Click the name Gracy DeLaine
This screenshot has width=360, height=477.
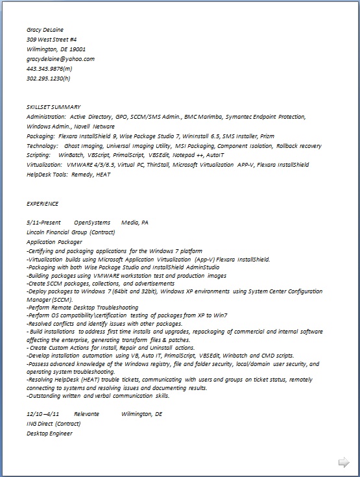point(45,29)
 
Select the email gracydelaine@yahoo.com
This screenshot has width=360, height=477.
point(60,58)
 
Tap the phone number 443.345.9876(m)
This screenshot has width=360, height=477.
point(49,68)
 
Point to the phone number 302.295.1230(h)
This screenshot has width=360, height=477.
point(49,78)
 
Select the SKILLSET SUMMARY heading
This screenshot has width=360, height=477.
point(53,106)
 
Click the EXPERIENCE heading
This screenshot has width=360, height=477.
point(42,203)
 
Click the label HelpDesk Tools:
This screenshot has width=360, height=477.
point(47,175)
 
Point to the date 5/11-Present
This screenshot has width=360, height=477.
point(44,223)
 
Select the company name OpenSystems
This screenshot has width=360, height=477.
point(92,223)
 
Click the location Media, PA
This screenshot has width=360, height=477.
point(135,223)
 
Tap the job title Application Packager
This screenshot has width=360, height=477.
point(54,241)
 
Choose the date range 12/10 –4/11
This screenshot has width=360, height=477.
point(43,413)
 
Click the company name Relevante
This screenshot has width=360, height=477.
point(86,413)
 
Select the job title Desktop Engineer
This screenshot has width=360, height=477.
point(50,433)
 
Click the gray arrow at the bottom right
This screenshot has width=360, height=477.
point(344,461)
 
